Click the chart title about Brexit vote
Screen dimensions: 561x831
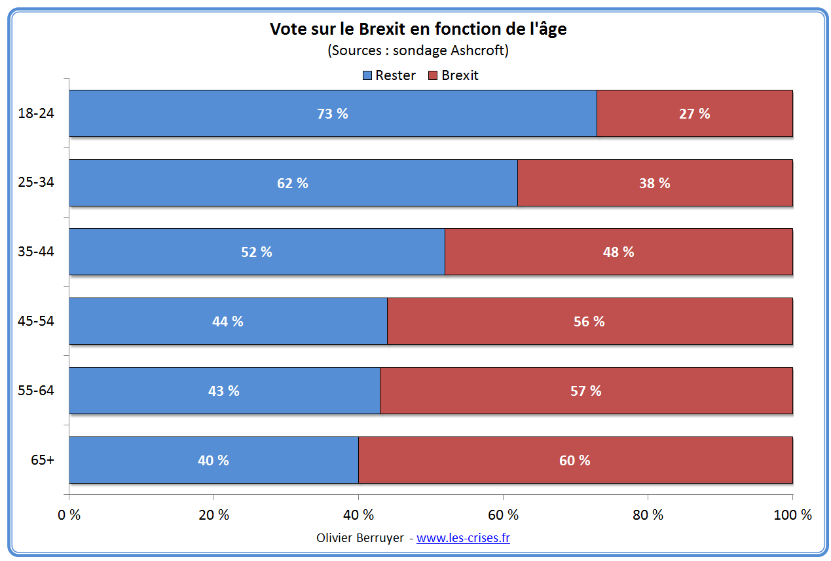(x=418, y=29)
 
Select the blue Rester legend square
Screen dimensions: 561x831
(x=368, y=75)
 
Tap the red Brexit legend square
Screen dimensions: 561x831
(x=434, y=75)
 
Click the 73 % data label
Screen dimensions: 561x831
(x=333, y=113)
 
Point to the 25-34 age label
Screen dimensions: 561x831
(x=36, y=182)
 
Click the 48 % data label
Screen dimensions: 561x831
(x=618, y=252)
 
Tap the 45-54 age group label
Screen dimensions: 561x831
(x=36, y=321)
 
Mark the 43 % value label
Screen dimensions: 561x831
(x=224, y=391)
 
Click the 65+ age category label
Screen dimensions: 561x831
(x=43, y=459)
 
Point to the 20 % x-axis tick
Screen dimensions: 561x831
(x=214, y=515)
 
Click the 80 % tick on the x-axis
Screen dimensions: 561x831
(x=648, y=515)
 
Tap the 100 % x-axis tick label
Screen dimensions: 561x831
(x=792, y=515)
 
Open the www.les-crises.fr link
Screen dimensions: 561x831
(x=463, y=538)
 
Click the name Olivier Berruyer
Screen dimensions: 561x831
(x=362, y=538)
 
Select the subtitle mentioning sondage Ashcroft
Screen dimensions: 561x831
(x=418, y=50)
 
